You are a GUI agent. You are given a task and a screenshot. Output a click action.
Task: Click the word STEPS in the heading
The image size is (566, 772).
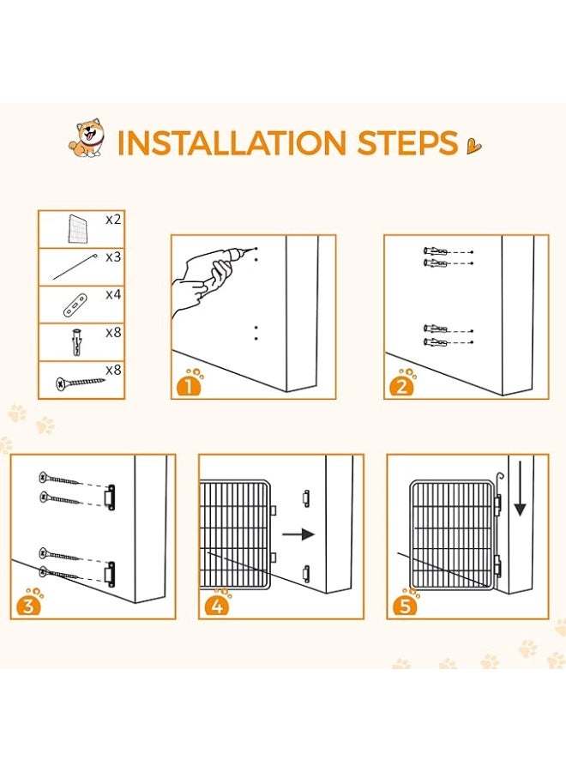[x=407, y=142]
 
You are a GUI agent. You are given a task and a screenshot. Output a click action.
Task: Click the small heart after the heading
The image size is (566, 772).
[x=474, y=146]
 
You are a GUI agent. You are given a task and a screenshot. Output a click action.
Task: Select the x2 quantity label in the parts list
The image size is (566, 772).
[x=113, y=220]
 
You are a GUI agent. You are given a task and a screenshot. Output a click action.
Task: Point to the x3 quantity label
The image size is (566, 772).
[x=113, y=257]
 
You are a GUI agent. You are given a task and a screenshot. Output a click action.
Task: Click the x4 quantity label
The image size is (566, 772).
[x=113, y=294]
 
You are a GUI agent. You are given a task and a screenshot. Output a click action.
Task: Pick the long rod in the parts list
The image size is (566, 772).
[x=74, y=267]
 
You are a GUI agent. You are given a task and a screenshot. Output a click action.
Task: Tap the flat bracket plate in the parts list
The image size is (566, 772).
[x=75, y=305]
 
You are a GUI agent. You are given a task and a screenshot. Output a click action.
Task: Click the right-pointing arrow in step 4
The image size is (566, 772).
[x=298, y=534]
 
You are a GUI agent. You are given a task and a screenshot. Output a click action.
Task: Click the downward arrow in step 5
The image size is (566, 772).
[x=521, y=488]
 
